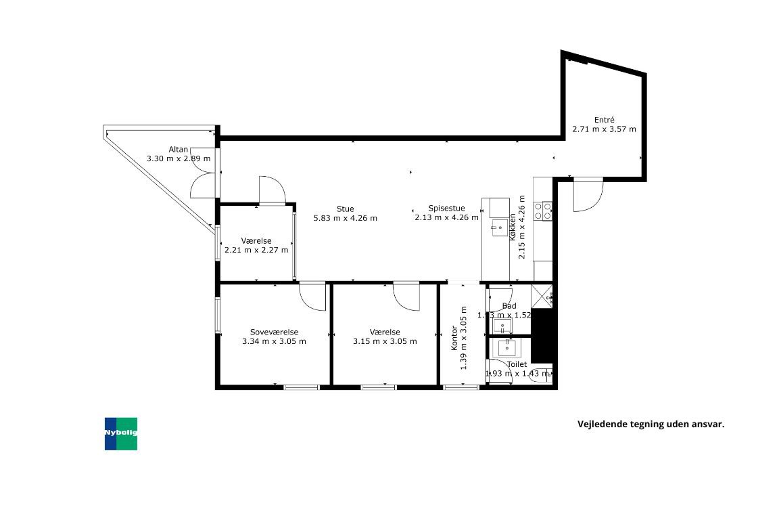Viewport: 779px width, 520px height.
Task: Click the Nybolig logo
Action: (x=121, y=433)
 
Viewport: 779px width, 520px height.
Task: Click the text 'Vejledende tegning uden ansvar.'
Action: (x=651, y=425)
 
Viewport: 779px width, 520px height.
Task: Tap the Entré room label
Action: (x=604, y=119)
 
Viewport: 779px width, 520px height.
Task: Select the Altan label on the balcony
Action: (x=179, y=150)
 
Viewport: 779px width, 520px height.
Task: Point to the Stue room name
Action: (x=345, y=209)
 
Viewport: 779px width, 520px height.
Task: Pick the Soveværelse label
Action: (x=274, y=332)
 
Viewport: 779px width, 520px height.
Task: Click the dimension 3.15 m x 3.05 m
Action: (x=385, y=341)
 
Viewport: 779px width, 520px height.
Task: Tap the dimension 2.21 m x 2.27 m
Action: (x=256, y=250)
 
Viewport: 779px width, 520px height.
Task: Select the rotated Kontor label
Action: (x=454, y=339)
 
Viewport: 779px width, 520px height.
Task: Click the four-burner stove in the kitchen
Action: (x=543, y=211)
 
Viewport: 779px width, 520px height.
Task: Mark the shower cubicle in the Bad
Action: (x=542, y=296)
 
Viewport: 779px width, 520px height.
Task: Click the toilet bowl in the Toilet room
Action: (x=544, y=374)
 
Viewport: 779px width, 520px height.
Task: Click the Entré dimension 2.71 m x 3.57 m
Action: (x=604, y=129)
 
